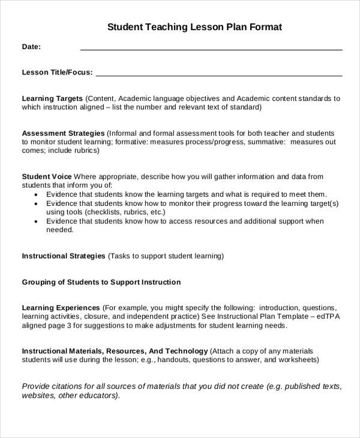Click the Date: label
point(31,47)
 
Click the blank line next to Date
point(211,48)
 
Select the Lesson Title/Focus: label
point(58,73)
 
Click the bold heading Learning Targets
point(52,98)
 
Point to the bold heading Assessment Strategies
point(63,133)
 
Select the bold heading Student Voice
point(47,176)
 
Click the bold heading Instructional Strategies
point(64,256)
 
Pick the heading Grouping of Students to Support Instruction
point(101,282)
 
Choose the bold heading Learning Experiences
point(61,307)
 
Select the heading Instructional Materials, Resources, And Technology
point(115,351)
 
